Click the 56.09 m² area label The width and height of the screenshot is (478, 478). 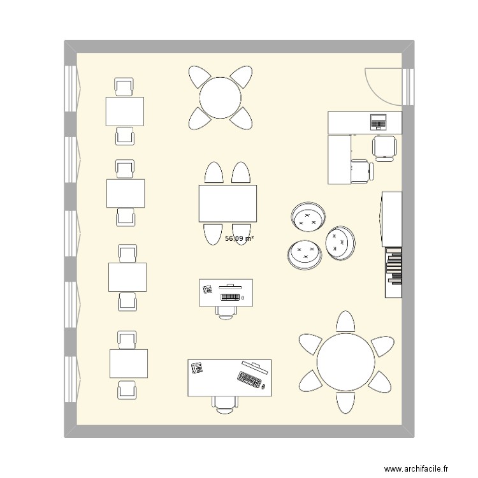coord(240,238)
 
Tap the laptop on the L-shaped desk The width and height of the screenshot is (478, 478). coord(379,120)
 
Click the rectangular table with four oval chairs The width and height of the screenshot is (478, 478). coord(228,203)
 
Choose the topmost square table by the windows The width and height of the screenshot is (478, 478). coord(125,112)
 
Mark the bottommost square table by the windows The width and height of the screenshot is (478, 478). coord(129,364)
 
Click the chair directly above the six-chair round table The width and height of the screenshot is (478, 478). coord(345,322)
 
